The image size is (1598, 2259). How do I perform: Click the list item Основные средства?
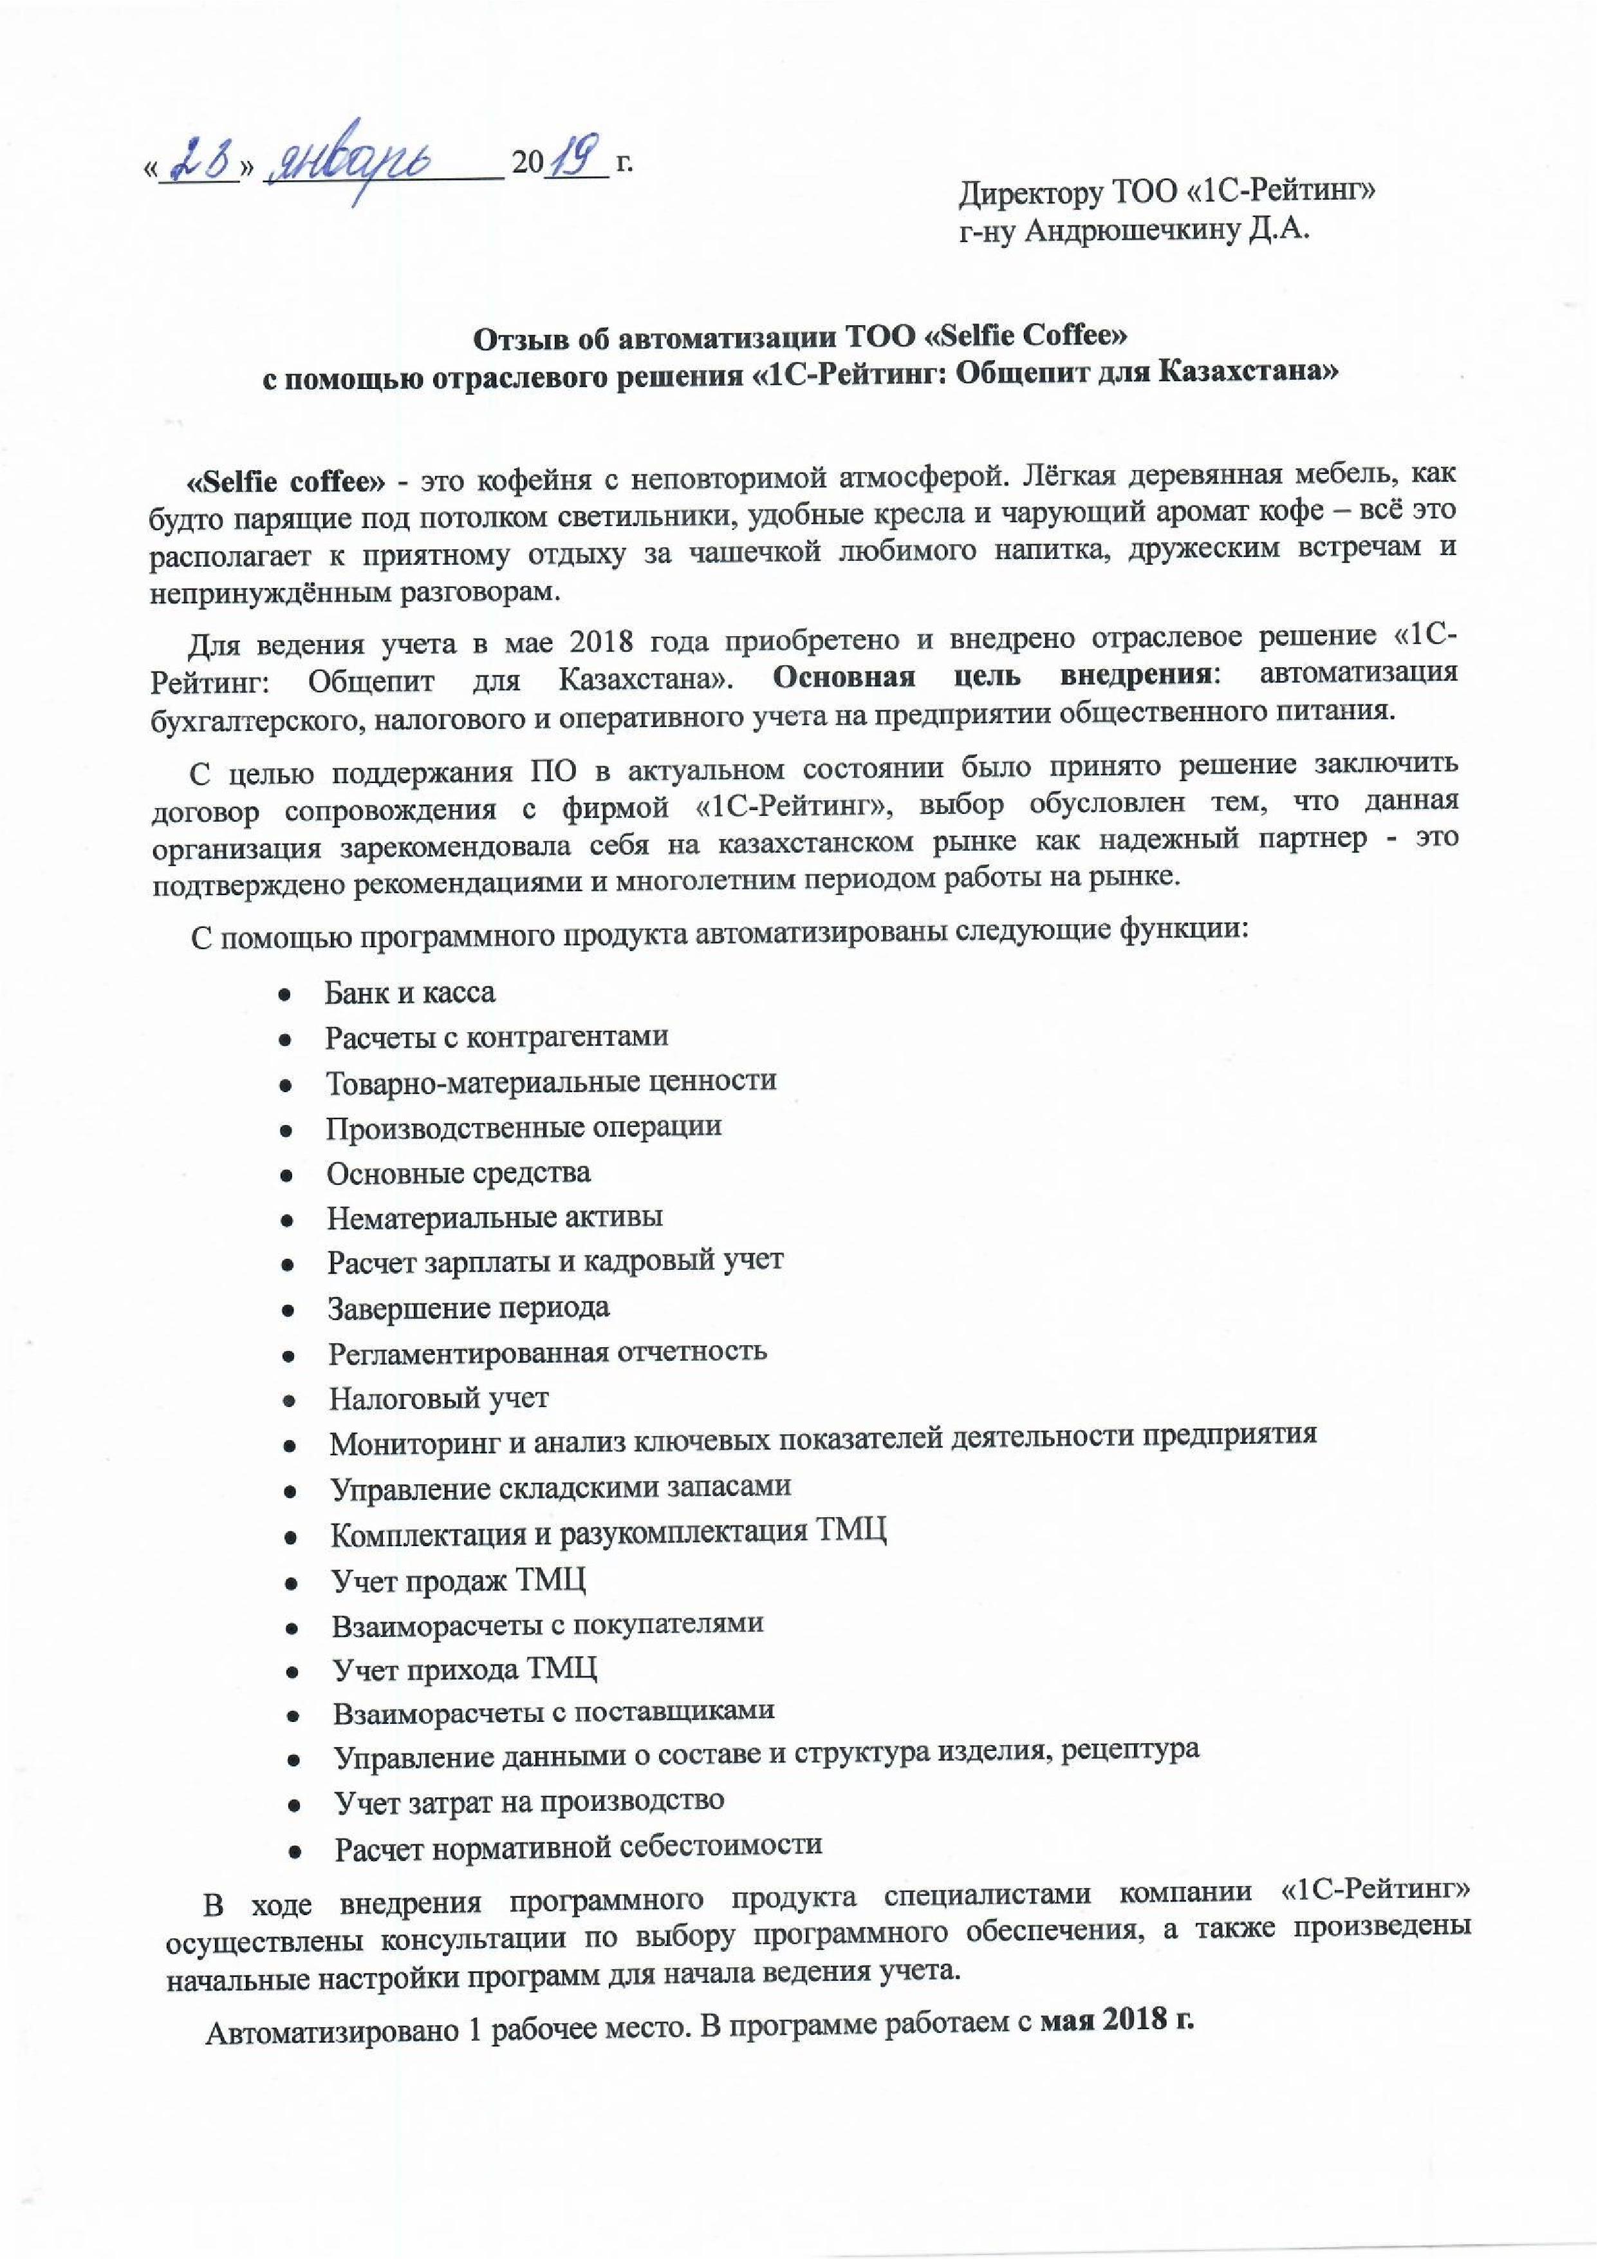point(458,1173)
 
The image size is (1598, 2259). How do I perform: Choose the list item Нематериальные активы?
point(495,1218)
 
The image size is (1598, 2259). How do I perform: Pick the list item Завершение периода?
point(469,1307)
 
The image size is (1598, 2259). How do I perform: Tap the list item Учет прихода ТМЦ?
point(465,1669)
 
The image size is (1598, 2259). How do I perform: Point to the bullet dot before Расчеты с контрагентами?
point(283,1039)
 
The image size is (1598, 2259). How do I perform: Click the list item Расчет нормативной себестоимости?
point(579,1846)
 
